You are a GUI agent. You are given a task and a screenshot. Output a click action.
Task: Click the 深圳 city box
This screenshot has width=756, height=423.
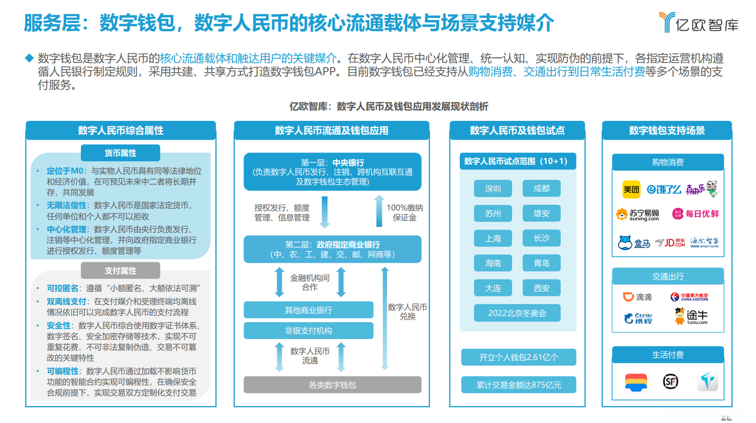[493, 188]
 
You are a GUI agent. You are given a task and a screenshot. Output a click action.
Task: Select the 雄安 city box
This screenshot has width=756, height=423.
[541, 213]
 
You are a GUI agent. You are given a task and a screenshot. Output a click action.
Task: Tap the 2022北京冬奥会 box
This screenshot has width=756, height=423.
[517, 313]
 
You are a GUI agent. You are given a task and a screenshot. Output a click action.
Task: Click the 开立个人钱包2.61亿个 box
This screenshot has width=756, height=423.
[518, 357]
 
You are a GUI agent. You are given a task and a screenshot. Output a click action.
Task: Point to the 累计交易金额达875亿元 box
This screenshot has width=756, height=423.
[518, 385]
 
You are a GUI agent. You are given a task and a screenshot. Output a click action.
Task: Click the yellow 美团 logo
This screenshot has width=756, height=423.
[631, 189]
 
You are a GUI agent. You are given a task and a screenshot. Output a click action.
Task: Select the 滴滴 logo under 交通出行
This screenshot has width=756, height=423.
[637, 297]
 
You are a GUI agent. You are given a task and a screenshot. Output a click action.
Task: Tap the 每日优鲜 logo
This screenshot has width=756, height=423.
[696, 214]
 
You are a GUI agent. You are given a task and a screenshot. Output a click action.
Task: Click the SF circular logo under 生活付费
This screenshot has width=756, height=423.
[670, 382]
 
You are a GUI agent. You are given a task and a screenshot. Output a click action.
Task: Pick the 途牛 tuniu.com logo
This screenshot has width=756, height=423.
[691, 316]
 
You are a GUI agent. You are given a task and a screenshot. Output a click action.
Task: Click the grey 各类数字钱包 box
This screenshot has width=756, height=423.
[332, 385]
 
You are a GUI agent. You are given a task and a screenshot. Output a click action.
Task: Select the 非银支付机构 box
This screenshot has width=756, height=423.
[308, 331]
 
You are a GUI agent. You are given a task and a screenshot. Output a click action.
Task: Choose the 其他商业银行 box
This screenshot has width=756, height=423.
[308, 310]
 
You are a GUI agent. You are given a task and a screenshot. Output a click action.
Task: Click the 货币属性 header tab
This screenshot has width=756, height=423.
[120, 153]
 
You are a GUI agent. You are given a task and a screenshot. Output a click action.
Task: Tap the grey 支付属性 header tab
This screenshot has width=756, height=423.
[120, 270]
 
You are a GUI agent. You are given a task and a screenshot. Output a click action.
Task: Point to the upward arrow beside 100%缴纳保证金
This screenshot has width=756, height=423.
[379, 210]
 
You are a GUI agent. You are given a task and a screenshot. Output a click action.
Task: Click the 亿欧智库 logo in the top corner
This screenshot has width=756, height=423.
[698, 23]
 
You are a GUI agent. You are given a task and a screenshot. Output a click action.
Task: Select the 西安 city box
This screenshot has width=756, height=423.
[541, 288]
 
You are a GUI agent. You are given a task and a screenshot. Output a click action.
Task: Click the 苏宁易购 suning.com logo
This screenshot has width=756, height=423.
[638, 215]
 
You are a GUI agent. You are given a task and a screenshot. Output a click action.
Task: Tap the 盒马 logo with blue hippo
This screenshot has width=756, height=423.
[634, 243]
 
